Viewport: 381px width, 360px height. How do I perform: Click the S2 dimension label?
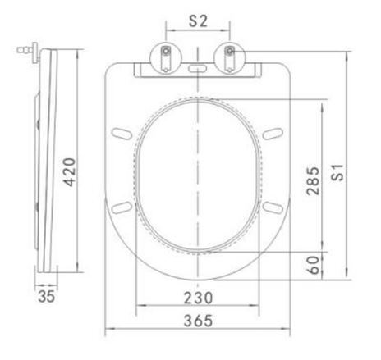199,21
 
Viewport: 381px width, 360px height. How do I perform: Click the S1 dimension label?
337,172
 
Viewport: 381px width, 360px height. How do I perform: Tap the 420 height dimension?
69,172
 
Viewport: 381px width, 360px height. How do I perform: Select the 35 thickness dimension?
47,296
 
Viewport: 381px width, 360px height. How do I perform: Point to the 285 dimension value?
313,180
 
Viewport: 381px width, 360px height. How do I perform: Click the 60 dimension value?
313,265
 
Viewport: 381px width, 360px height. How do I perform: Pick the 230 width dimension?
198,298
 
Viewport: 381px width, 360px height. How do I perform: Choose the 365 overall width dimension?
198,321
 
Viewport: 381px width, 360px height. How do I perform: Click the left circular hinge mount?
166,58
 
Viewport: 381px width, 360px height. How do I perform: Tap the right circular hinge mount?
229,58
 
